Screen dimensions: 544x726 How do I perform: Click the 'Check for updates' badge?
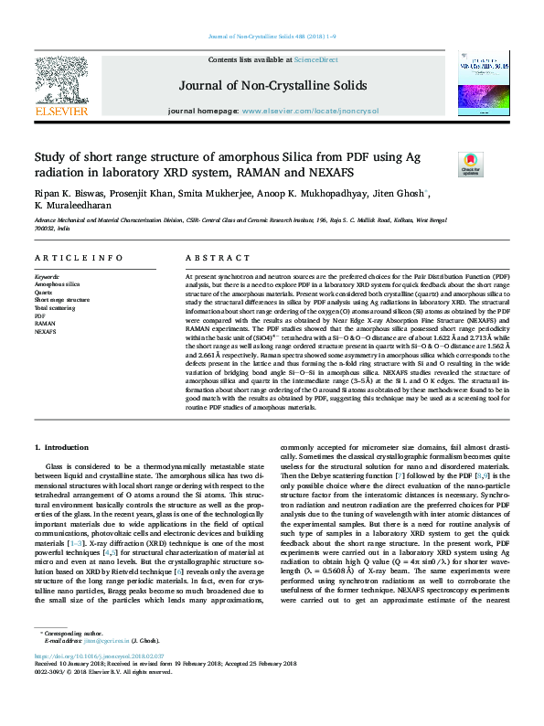pos(471,165)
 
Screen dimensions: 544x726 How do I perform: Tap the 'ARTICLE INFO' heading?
pos(78,260)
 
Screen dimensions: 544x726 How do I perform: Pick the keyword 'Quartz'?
pos(44,292)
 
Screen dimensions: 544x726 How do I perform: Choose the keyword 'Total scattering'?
pos(55,308)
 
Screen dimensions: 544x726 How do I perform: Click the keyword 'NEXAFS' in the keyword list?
pos(46,332)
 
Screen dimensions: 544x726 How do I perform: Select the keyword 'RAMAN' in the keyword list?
pos(45,324)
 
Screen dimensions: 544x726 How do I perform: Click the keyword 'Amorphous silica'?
pos(57,284)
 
